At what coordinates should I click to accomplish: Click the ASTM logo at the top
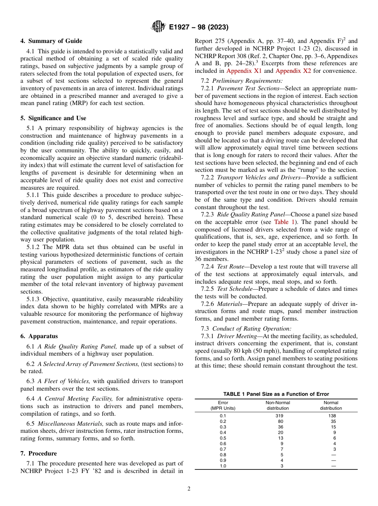158,27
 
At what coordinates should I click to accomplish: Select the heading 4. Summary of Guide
51,41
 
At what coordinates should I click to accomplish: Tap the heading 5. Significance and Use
53,118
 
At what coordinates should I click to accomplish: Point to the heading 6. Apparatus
39,336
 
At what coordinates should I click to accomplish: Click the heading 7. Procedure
39,453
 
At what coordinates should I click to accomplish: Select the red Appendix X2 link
294,71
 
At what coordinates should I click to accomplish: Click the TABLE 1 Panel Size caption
276,394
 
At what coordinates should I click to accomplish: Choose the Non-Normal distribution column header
277,405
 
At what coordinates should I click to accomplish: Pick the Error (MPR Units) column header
223,405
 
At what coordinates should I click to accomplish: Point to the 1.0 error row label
223,466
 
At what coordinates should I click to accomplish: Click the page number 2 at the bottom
189,489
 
